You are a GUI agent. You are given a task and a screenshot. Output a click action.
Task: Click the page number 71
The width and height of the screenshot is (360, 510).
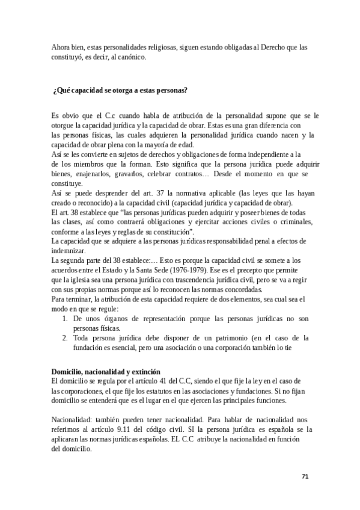(x=305, y=476)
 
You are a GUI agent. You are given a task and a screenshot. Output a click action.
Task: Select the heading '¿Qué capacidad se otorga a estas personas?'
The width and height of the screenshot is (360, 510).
(x=121, y=91)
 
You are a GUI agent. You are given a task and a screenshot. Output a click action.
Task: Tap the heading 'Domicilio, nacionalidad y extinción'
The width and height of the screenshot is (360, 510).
(x=105, y=373)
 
